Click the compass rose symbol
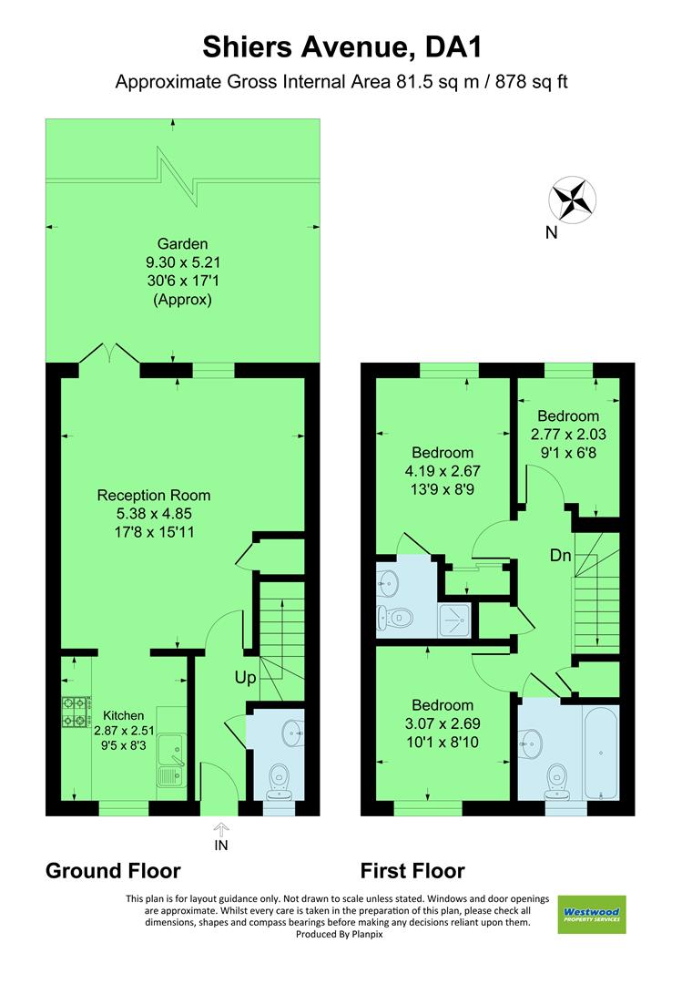coord(572,198)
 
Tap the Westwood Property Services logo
coord(592,914)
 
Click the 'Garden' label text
coord(183,243)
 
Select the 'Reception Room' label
coord(154,496)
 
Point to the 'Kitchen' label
coord(122,715)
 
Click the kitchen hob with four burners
coord(75,712)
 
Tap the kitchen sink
coord(172,752)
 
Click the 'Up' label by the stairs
coord(246,678)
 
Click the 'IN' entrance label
coord(221,845)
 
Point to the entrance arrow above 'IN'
coord(221,827)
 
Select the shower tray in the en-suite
coord(455,620)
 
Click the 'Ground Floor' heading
coord(113,871)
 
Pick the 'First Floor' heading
coord(412,871)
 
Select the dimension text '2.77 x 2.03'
coord(567,435)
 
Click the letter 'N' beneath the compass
coord(551,232)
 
